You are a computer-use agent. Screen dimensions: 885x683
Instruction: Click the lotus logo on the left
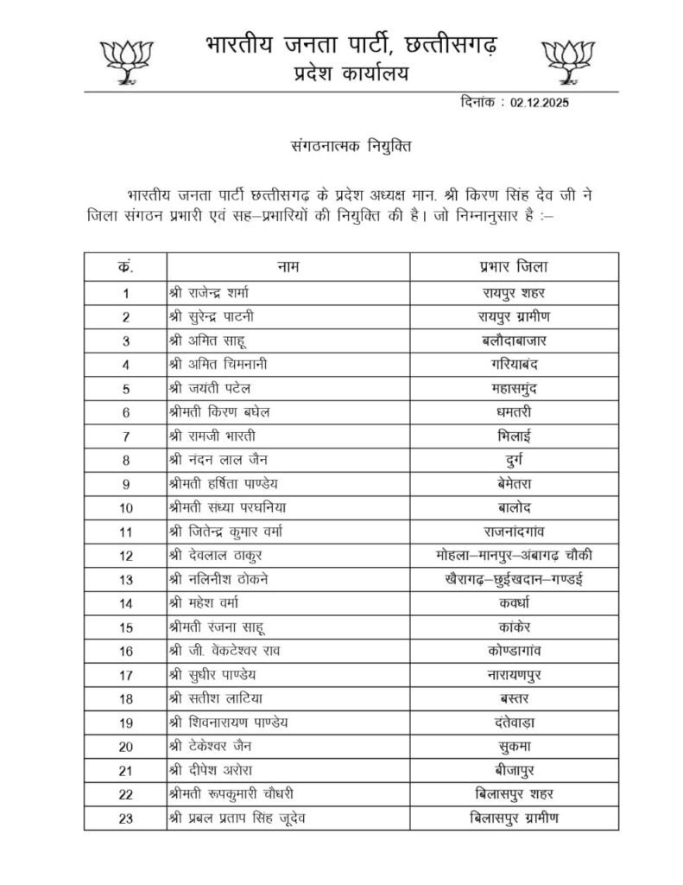pos(128,60)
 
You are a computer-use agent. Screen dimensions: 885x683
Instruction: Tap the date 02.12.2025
pos(539,102)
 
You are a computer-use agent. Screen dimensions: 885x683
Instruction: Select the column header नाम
pos(288,266)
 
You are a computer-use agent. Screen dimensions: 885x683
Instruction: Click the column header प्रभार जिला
pos(514,266)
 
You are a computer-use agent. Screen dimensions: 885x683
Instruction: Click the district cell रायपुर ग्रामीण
pos(514,316)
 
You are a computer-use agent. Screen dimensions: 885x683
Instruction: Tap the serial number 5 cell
pos(126,388)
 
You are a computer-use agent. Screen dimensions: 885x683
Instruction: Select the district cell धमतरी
pos(514,412)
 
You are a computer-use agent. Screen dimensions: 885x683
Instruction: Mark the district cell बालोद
pos(514,507)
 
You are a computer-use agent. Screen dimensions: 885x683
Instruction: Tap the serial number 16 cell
pos(126,650)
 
